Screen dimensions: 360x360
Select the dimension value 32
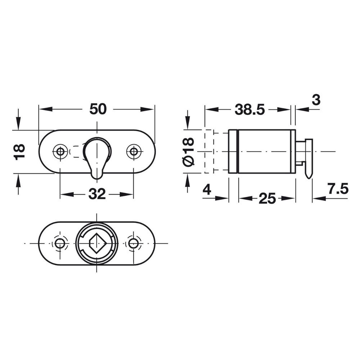coord(97,194)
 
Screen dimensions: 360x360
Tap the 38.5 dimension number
coord(249,109)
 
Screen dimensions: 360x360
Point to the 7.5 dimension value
coord(338,189)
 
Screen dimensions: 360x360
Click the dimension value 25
coord(267,198)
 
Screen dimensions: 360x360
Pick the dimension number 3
coord(316,100)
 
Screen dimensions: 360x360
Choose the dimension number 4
coord(207,189)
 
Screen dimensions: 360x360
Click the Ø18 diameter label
coord(189,152)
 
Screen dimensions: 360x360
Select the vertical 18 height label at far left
coord(19,152)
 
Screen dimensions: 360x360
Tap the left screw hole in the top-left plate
coord(60,151)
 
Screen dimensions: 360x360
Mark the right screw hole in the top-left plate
coord(134,151)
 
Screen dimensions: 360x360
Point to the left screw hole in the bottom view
coord(60,243)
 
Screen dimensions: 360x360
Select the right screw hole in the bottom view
coord(133,243)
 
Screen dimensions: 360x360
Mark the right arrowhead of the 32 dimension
coord(126,195)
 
